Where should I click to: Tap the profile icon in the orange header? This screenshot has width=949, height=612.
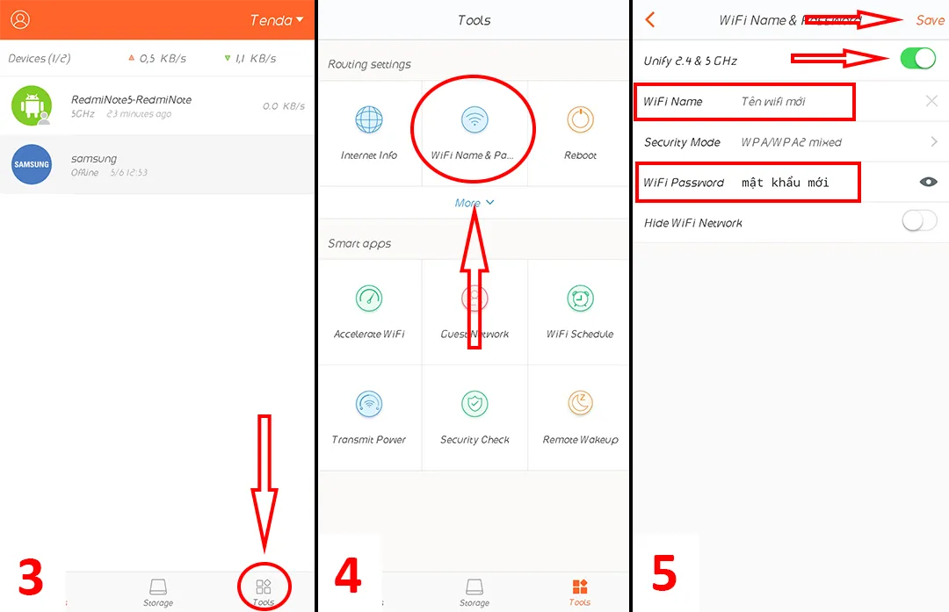coord(19,20)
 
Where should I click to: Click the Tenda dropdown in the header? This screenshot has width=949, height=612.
coord(277,20)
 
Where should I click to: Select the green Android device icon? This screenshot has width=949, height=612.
coord(32,105)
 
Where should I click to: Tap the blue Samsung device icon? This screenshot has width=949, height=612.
coord(32,164)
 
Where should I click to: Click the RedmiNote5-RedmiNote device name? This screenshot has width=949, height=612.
coord(131,100)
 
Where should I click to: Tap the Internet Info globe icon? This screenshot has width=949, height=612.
coord(369,120)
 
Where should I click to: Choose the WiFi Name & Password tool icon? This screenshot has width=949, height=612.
coord(474,120)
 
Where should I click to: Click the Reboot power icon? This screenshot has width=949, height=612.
coord(580,120)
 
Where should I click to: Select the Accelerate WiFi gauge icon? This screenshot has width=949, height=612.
coord(369,299)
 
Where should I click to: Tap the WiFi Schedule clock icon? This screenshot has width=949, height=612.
coord(580,299)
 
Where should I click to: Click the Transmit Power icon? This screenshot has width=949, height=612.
coord(369,404)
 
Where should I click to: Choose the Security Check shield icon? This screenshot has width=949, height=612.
coord(474,404)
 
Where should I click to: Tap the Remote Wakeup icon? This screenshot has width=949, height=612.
coord(580,404)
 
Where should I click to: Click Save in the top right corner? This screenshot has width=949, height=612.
coord(929,20)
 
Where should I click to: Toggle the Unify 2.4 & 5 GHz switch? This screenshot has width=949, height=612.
coord(918,60)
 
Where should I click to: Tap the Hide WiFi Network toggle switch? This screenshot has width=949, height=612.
coord(918,222)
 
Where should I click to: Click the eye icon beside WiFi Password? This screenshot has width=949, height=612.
coord(928,182)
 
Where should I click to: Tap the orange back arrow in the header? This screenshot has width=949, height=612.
coord(650,20)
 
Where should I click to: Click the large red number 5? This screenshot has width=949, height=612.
coord(663,573)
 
